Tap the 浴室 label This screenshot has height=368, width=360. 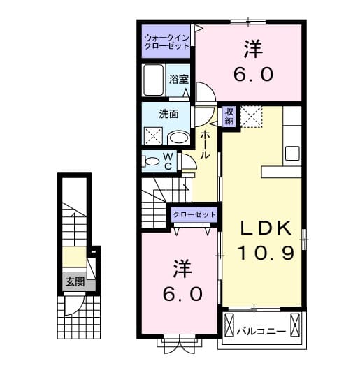[x=178, y=79]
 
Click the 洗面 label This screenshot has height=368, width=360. [x=168, y=113]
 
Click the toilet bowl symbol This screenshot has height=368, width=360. [x=150, y=161]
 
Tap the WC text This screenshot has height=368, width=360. [x=168, y=161]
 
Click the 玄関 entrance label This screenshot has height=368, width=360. [x=75, y=283]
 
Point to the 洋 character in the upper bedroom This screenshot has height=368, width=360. [x=252, y=50]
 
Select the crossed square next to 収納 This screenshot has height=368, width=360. [x=252, y=117]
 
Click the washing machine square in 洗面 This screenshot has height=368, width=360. [x=154, y=136]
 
